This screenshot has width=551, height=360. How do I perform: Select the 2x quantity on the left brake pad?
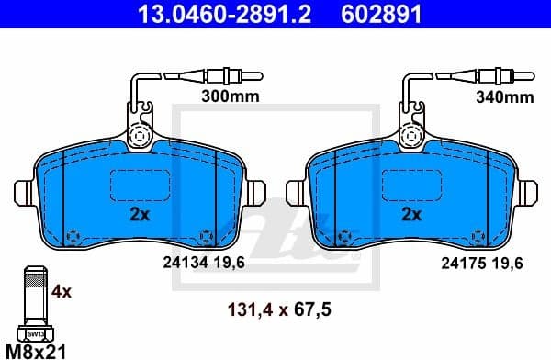pyautogui.click(x=140, y=215)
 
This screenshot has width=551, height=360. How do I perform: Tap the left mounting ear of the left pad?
pyautogui.click(x=26, y=193)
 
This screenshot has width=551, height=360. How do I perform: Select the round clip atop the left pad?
pyautogui.click(x=141, y=136)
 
